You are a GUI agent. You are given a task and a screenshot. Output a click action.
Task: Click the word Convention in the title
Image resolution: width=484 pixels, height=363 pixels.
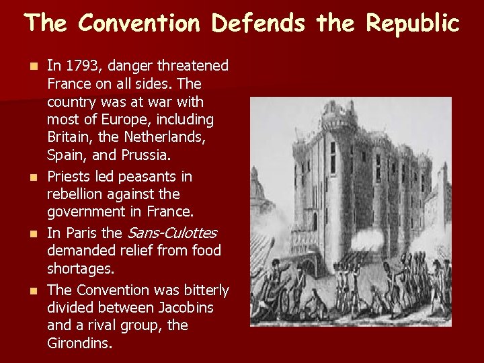(139, 24)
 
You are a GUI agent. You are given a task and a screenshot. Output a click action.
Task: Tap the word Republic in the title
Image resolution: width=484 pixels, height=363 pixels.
(413, 24)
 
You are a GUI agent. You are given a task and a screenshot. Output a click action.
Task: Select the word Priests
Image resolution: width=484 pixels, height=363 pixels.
(71, 177)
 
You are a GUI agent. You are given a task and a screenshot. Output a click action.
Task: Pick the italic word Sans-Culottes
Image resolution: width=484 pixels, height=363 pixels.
(171, 233)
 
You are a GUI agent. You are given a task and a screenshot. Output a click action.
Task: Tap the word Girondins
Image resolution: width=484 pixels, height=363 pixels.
(79, 343)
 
